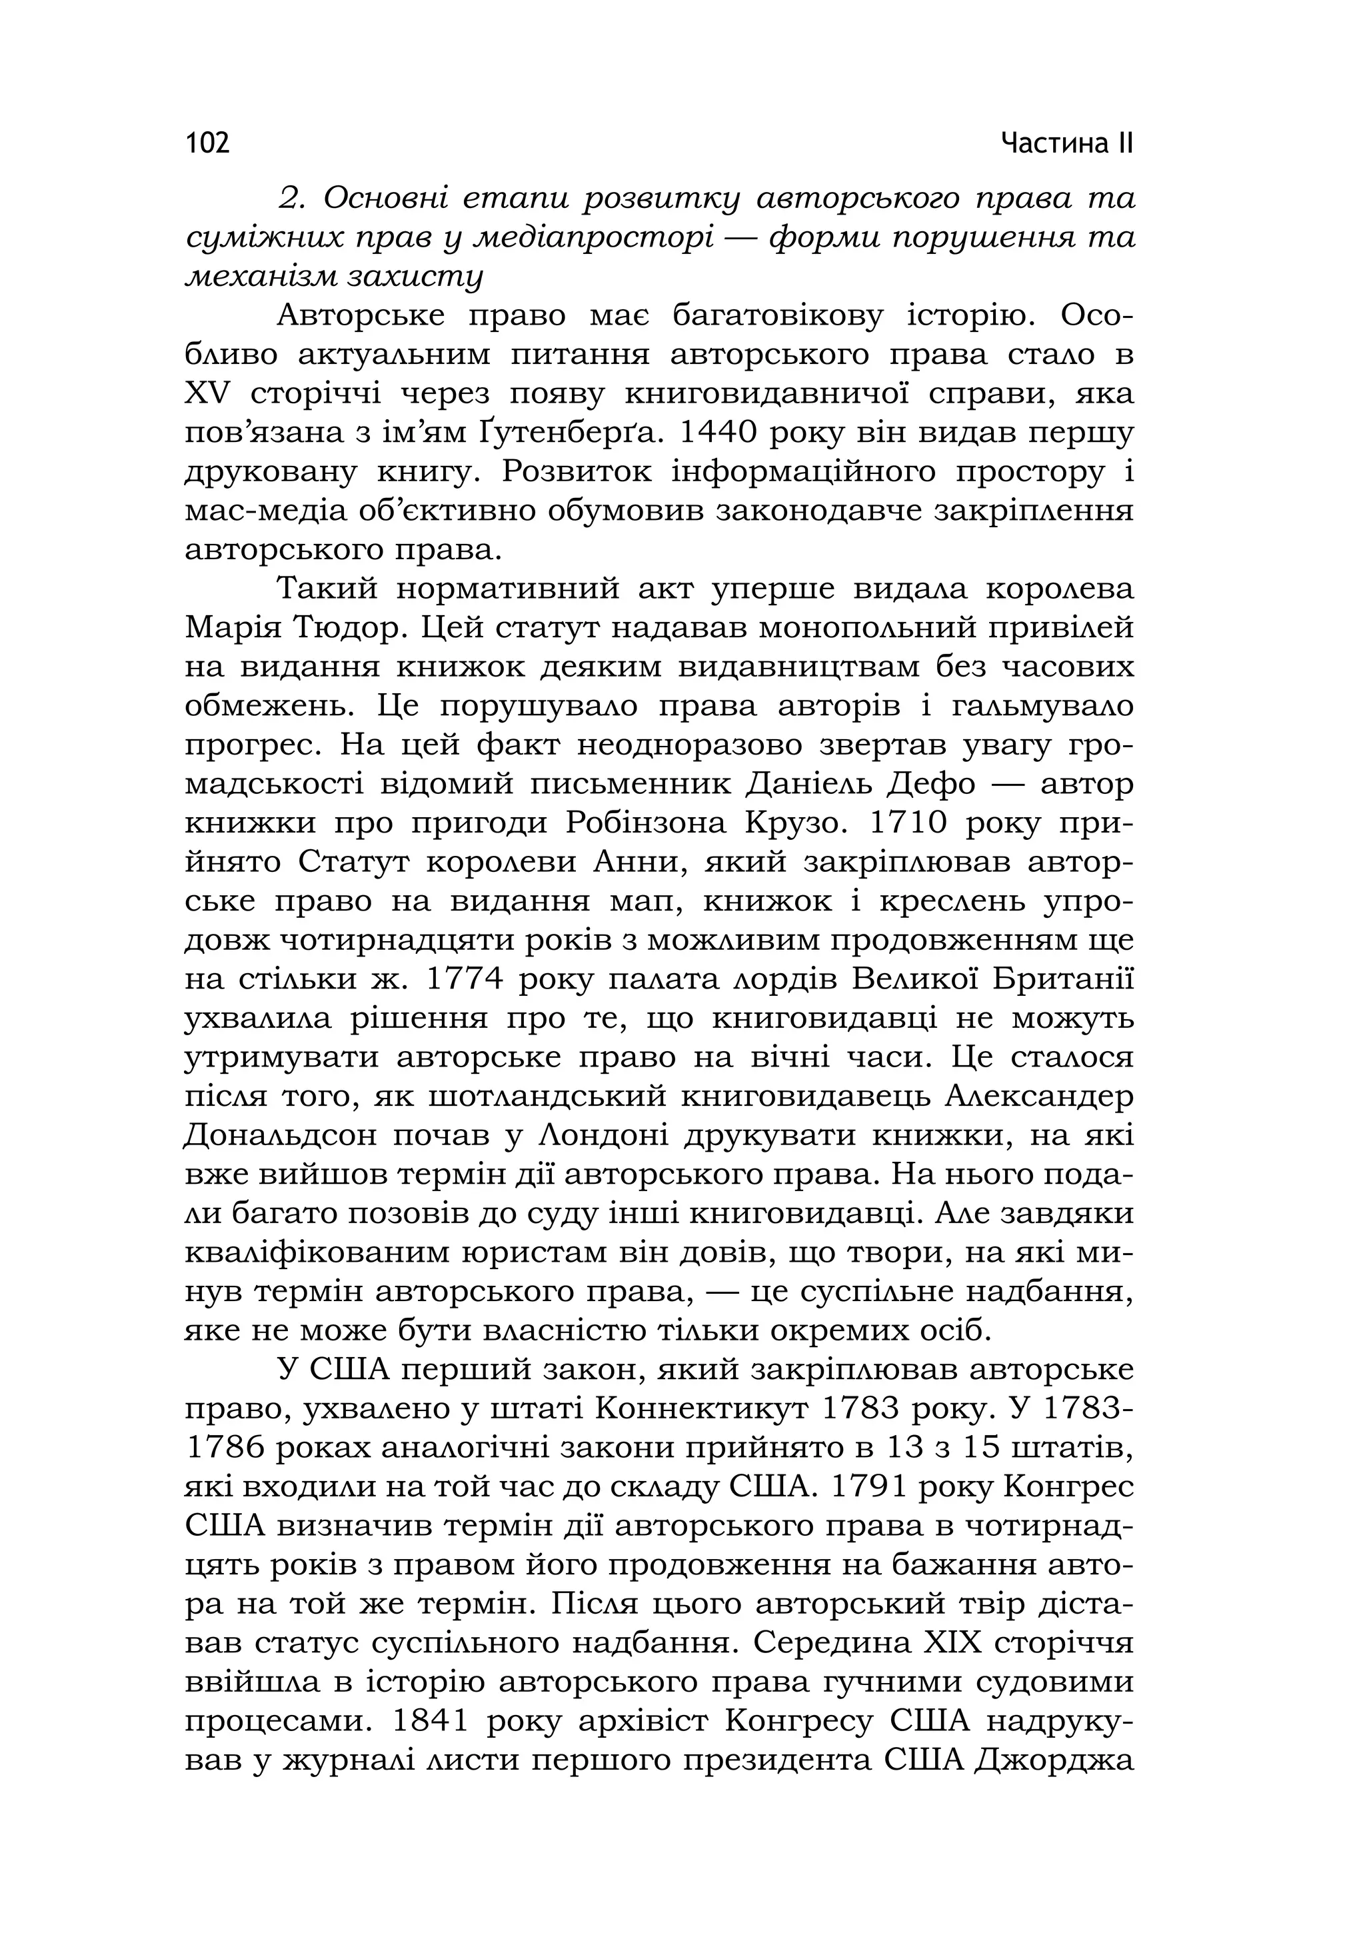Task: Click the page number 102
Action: [x=207, y=143]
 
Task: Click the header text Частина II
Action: [x=1067, y=143]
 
